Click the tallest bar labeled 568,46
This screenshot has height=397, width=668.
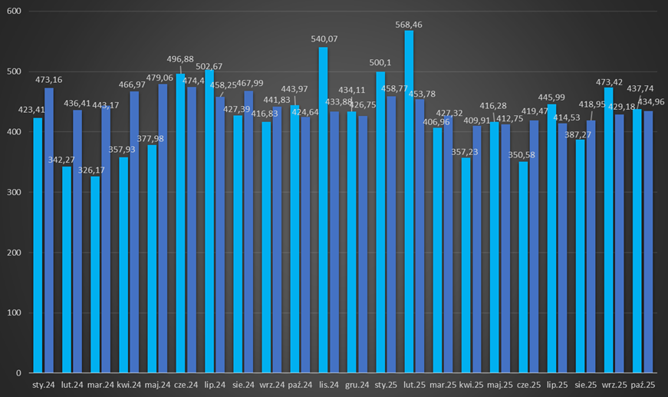pos(409,201)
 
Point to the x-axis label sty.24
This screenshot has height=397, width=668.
pos(43,383)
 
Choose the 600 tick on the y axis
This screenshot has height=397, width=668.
pos(15,12)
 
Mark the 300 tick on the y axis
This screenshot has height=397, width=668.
pos(15,192)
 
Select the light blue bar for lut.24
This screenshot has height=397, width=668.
pos(67,270)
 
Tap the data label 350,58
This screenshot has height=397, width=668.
pos(523,154)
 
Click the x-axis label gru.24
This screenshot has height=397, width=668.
pos(357,383)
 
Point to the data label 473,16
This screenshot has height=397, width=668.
pos(49,79)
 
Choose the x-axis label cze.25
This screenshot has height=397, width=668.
pos(528,383)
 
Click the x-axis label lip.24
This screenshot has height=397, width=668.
pos(215,383)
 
